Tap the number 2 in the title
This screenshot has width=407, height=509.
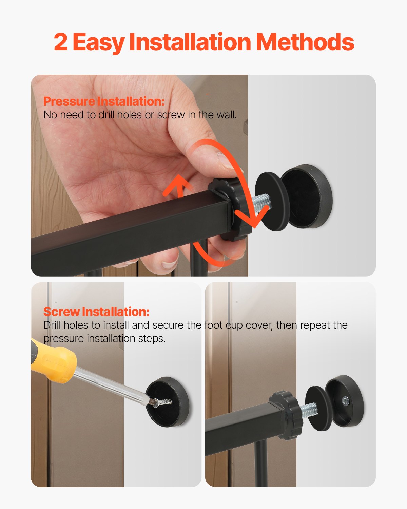pos(60,42)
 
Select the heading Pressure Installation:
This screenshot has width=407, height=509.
pos(104,101)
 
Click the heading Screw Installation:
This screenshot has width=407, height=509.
pos(96,312)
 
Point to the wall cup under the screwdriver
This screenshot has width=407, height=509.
pos(168,402)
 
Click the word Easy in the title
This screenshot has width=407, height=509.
pos(98,42)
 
